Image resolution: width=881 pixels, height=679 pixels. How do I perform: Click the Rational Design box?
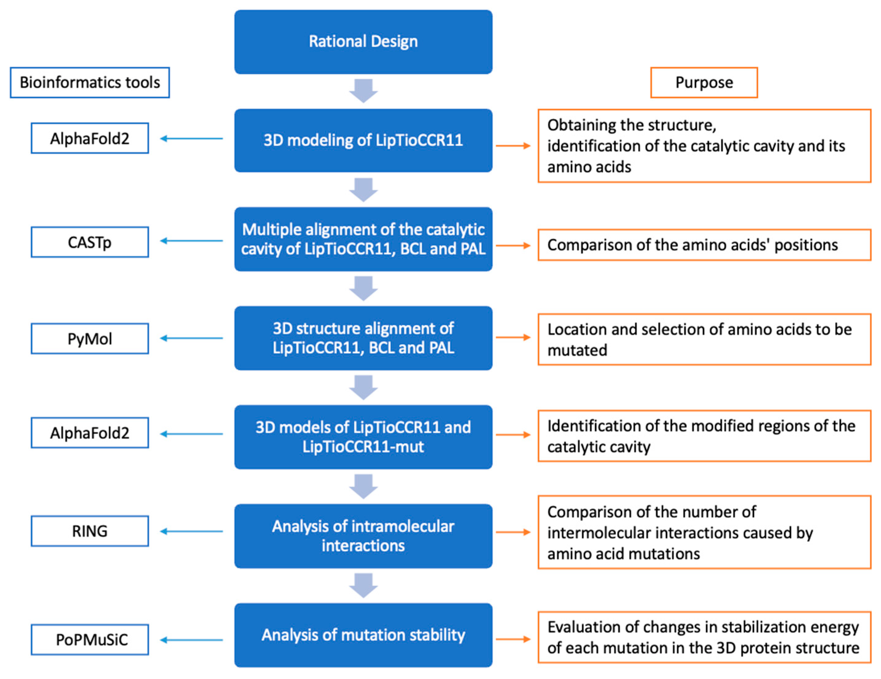pyautogui.click(x=363, y=42)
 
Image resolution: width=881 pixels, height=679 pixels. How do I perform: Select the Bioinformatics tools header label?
pyautogui.click(x=90, y=83)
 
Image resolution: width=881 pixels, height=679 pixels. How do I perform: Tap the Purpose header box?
pyautogui.click(x=704, y=83)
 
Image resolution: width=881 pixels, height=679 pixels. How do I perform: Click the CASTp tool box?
pyautogui.click(x=90, y=242)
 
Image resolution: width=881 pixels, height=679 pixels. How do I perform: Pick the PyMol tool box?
pyautogui.click(x=90, y=339)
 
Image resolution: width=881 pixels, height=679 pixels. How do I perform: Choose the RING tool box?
pyautogui.click(x=90, y=531)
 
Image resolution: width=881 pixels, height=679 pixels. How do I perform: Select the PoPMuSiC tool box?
pyautogui.click(x=90, y=640)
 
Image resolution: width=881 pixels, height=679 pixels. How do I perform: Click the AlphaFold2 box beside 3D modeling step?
pyautogui.click(x=90, y=138)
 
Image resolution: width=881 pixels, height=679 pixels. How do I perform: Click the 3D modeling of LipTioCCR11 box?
pyautogui.click(x=363, y=140)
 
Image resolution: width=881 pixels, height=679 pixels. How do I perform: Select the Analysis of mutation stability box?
pyautogui.click(x=363, y=635)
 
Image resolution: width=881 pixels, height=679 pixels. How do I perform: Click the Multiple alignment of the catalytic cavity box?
pyautogui.click(x=363, y=239)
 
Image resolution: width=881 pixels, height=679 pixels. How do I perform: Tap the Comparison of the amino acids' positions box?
pyautogui.click(x=704, y=245)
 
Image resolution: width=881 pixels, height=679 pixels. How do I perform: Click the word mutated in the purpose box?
pyautogui.click(x=577, y=350)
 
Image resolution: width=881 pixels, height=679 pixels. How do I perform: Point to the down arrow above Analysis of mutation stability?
pyautogui.click(x=363, y=585)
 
